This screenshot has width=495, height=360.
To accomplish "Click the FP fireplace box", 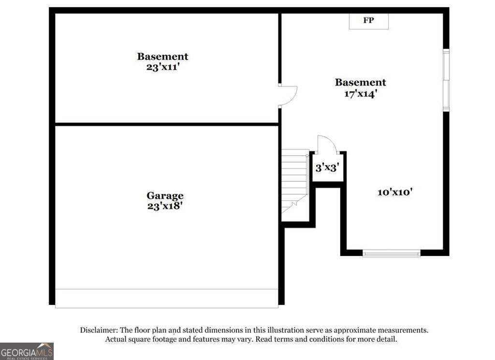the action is tap(368, 21).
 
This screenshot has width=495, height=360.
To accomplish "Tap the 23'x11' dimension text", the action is tap(163, 67).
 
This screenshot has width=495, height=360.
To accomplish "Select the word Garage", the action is tap(165, 196).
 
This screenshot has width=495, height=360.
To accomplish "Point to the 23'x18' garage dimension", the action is tap(165, 206).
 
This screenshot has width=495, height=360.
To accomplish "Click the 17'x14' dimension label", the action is tap(361, 94).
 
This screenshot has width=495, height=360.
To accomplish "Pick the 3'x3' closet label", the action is tap(327, 167).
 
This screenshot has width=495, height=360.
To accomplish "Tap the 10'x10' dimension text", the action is tap(395, 192).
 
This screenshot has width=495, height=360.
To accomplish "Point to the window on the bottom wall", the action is tap(392, 253).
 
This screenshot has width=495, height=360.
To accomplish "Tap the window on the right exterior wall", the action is tap(446, 80).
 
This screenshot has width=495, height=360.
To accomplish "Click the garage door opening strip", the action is tap(167, 299).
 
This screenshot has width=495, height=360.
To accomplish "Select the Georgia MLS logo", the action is tap(27, 351).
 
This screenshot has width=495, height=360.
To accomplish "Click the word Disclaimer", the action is tap(99, 330).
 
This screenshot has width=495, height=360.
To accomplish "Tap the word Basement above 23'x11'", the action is tap(162, 57).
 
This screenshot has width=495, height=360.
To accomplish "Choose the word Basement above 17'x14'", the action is tap(361, 82).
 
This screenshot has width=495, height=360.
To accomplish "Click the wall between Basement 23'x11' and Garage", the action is tap(167, 124).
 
